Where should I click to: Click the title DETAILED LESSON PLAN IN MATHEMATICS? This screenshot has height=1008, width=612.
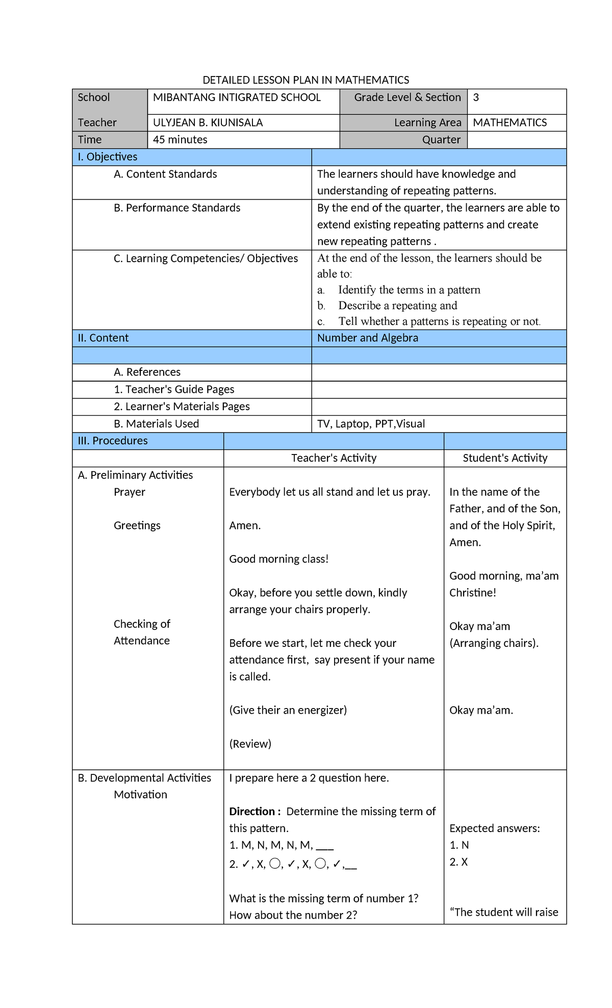tap(305, 80)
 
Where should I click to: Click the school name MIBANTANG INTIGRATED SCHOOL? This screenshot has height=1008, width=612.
tap(237, 97)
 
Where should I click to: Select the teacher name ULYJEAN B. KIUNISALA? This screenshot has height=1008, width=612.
tap(208, 122)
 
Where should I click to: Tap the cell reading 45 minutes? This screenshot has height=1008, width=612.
tap(180, 140)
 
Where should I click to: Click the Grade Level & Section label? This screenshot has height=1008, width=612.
tap(407, 97)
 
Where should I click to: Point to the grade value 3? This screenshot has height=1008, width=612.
tap(476, 97)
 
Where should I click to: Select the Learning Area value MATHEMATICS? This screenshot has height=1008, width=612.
tap(509, 122)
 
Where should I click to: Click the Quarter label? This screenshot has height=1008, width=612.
tap(441, 140)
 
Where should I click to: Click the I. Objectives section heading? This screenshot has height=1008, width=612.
tap(108, 157)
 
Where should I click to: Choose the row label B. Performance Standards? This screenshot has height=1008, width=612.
tap(176, 208)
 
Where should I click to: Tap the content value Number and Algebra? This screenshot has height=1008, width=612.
tap(367, 338)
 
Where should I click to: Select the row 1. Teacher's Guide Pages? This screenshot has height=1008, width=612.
tap(174, 390)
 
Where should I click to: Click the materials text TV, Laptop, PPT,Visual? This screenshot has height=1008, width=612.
tap(371, 424)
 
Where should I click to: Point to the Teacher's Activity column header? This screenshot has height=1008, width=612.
tap(334, 458)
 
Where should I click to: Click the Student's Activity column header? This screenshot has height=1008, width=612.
tap(505, 458)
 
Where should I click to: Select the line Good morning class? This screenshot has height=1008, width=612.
tap(278, 559)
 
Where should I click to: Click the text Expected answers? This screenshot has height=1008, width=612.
tap(494, 828)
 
